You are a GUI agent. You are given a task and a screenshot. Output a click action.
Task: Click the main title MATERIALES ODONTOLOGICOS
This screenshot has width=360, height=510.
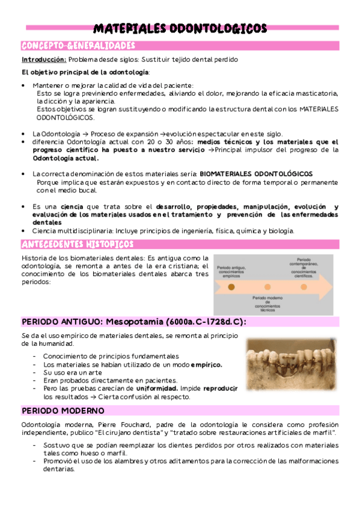(x=180, y=29)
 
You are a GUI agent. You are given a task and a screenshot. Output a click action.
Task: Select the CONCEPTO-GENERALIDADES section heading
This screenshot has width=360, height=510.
(x=78, y=46)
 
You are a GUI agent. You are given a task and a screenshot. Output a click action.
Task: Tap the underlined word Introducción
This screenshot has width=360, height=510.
(x=44, y=60)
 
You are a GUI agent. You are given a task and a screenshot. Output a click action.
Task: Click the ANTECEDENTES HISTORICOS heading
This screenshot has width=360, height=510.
(x=77, y=244)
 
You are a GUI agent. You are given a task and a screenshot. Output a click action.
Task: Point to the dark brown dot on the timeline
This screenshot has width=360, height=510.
(x=231, y=287)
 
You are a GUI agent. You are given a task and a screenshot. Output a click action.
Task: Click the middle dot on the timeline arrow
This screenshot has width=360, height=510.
(x=267, y=287)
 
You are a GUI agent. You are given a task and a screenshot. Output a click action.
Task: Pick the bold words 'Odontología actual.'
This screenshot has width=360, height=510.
(x=66, y=158)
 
